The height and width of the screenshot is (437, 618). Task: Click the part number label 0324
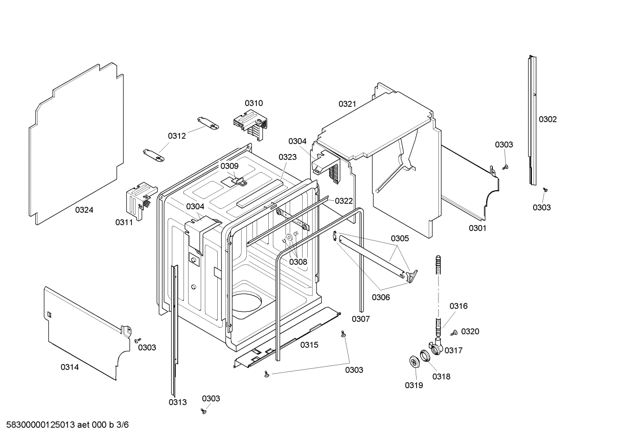(84, 210)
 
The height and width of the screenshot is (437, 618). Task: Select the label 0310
(254, 103)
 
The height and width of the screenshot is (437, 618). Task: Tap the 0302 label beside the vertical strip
(548, 119)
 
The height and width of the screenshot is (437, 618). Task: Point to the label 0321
(347, 104)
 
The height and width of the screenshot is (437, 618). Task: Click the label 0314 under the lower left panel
(69, 367)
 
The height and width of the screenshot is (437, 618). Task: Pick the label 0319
(414, 385)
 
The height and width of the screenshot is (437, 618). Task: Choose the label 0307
(360, 319)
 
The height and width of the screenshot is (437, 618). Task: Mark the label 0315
(309, 345)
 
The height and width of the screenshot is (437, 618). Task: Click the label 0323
(287, 157)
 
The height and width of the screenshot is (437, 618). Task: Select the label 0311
(124, 222)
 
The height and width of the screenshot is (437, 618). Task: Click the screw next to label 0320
(453, 333)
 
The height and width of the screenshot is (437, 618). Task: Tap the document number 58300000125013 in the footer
(41, 425)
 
